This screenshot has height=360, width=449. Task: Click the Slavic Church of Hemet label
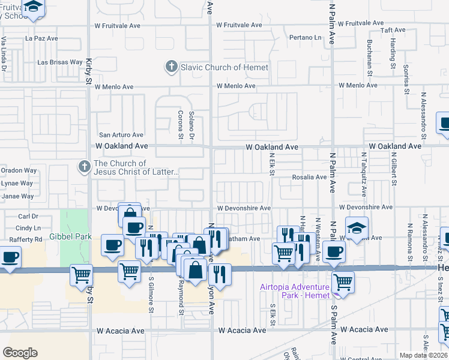click(x=224, y=67)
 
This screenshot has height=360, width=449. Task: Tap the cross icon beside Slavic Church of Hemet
click(x=172, y=67)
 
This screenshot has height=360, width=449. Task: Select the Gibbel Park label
click(x=71, y=236)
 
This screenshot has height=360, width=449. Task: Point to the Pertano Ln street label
click(x=305, y=37)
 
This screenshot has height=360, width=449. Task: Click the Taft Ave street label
click(x=393, y=29)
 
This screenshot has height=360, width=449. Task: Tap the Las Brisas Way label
click(x=60, y=62)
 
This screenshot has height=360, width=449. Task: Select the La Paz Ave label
click(x=41, y=38)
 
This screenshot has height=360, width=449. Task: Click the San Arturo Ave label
click(x=121, y=135)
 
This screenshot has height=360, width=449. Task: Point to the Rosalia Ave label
click(x=309, y=177)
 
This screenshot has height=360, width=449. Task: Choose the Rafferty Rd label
click(x=29, y=239)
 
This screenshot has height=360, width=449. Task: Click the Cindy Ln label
click(x=28, y=228)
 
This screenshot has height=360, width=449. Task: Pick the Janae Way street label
click(x=17, y=196)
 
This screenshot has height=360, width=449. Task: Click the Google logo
click(x=20, y=352)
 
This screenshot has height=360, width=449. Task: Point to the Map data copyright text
click(x=423, y=355)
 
